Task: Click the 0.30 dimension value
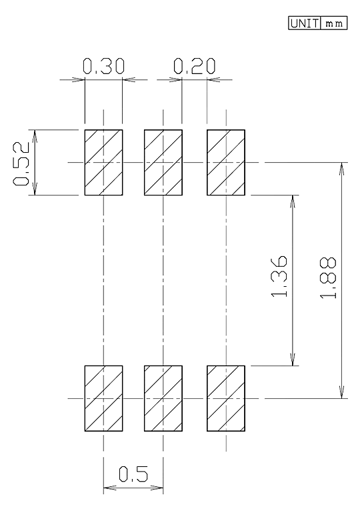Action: pyautogui.click(x=103, y=66)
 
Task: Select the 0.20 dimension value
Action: pyautogui.click(x=194, y=66)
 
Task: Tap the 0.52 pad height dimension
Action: pyautogui.click(x=21, y=164)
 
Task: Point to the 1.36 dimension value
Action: pyautogui.click(x=279, y=276)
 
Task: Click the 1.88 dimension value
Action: pyautogui.click(x=328, y=278)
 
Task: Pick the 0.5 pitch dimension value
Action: pyautogui.click(x=133, y=474)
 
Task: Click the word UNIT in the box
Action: pyautogui.click(x=304, y=23)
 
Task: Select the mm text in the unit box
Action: pyautogui.click(x=334, y=23)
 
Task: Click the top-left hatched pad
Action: pyautogui.click(x=103, y=162)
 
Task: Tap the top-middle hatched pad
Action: pyautogui.click(x=163, y=162)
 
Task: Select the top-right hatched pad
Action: pyautogui.click(x=226, y=162)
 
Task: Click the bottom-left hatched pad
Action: pyautogui.click(x=103, y=398)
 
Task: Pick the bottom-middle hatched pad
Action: pyautogui.click(x=163, y=398)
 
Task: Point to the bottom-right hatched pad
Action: pyautogui.click(x=226, y=398)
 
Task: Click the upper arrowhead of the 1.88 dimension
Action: pyautogui.click(x=341, y=169)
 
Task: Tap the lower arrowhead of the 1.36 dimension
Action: pyautogui.click(x=293, y=359)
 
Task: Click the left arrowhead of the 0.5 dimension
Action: pyautogui.click(x=110, y=488)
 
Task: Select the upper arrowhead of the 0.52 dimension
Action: pyautogui.click(x=35, y=136)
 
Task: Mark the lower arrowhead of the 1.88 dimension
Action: pyautogui.click(x=341, y=392)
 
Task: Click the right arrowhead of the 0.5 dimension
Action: pyautogui.click(x=157, y=488)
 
